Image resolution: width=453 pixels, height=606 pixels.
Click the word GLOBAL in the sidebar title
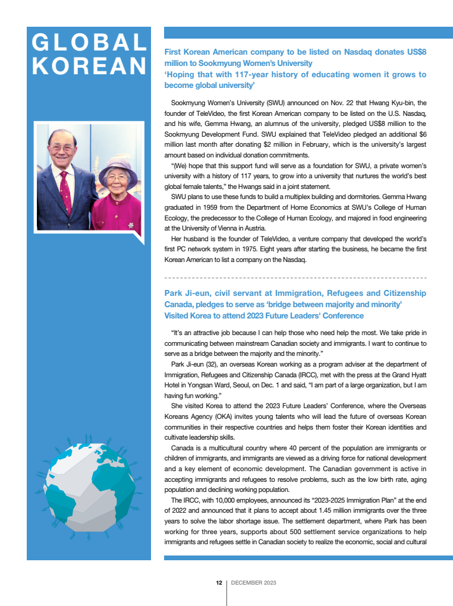tap(89, 43)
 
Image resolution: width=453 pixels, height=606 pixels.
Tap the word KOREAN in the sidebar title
tap(89, 66)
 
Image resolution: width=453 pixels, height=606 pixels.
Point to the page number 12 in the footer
tap(219, 583)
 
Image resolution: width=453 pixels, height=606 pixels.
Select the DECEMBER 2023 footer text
tap(253, 583)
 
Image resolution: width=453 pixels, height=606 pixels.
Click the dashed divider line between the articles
tap(295, 277)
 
